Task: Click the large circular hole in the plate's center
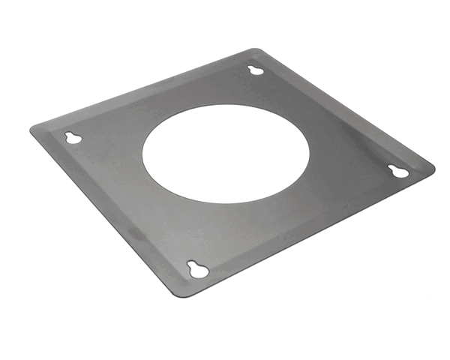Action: [225, 153]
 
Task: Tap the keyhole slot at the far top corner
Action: [256, 70]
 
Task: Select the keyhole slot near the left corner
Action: [73, 138]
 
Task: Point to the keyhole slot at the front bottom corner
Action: [198, 269]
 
